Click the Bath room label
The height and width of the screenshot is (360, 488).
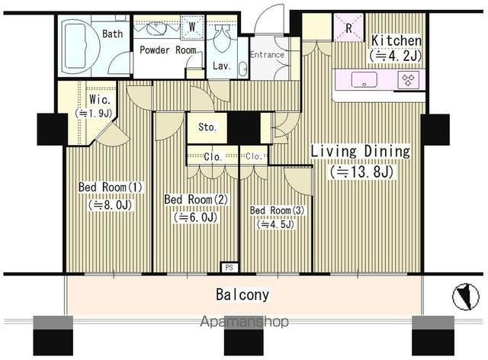[x=112, y=34]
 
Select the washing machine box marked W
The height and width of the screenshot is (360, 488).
[x=192, y=27]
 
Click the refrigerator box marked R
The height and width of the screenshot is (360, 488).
[x=348, y=27]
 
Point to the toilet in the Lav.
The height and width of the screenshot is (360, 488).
[x=222, y=35]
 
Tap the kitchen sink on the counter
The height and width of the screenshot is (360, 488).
[x=364, y=80]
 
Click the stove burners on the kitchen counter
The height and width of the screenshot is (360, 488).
[x=409, y=80]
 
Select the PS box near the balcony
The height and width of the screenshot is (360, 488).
[x=230, y=268]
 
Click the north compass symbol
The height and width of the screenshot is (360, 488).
[x=461, y=297]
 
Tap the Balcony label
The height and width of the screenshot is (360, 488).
[x=242, y=294]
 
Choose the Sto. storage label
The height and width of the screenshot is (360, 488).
[x=207, y=127]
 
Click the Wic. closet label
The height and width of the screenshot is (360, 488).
[x=100, y=99]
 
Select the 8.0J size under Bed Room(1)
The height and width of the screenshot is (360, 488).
[x=111, y=205]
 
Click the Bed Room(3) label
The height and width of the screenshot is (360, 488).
[x=277, y=211]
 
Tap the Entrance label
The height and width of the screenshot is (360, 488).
[x=268, y=55]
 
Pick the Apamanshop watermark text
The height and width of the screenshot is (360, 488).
[x=244, y=321]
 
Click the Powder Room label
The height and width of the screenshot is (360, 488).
[x=168, y=50]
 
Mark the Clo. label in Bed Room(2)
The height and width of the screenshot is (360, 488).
[x=213, y=156]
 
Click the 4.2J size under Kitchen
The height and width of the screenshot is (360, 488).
[x=396, y=56]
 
